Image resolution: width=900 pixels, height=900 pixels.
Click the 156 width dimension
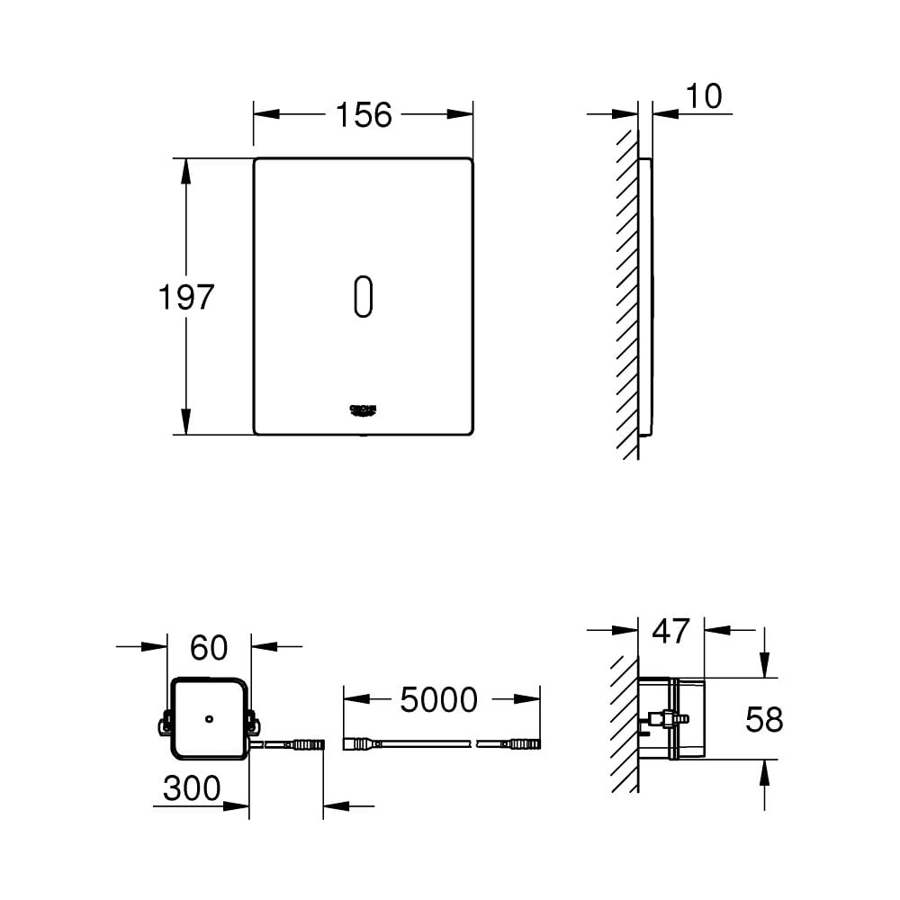[x=364, y=115]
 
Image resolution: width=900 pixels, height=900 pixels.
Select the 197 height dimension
[x=186, y=297]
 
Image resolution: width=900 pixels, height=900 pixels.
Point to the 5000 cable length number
[x=438, y=699]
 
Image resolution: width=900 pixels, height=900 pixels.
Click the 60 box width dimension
[x=209, y=646]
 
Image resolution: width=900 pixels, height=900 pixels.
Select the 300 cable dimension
[x=192, y=788]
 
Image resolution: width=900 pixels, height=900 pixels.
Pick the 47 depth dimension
[x=670, y=631]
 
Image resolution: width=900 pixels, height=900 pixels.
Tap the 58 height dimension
[x=764, y=719]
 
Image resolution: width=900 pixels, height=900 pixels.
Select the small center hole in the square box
[x=209, y=719]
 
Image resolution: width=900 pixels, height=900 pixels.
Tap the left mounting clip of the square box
[x=166, y=722]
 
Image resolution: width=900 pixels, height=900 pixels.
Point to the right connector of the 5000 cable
[x=522, y=744]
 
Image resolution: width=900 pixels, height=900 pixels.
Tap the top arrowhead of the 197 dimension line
[x=186, y=170]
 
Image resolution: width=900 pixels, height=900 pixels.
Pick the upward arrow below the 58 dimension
[x=764, y=772]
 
